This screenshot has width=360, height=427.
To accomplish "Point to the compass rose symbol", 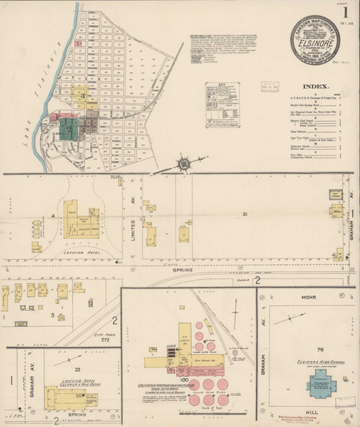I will (185, 163).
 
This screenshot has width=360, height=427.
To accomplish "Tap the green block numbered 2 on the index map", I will (68, 128).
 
